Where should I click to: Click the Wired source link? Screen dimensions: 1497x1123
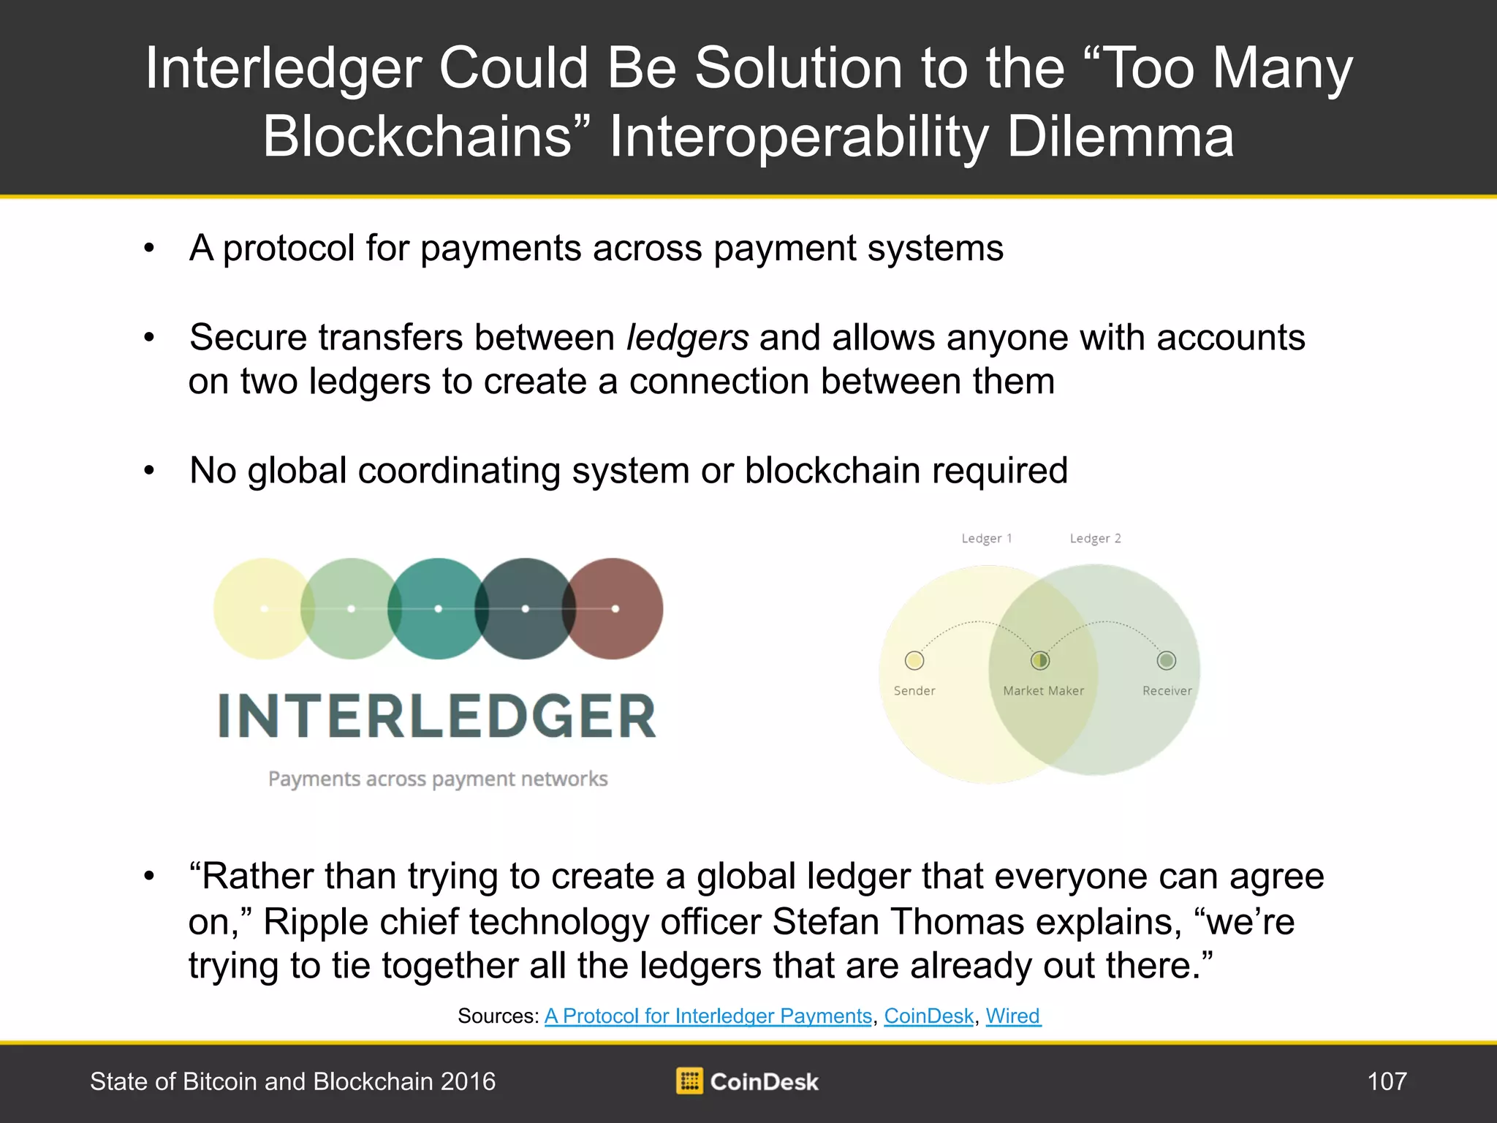1013,1016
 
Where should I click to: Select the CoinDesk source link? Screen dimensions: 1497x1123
929,1016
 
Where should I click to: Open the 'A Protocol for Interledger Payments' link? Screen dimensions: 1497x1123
708,1016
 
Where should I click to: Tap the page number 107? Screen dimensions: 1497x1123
1387,1081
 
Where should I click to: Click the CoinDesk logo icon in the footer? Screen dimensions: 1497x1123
689,1081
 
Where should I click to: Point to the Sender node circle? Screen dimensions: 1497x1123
914,661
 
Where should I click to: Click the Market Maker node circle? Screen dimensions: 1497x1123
1039,661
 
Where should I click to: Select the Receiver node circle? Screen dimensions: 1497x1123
1167,661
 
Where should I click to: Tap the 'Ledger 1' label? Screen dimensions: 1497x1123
987,539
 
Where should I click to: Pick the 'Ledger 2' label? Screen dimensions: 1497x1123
1095,539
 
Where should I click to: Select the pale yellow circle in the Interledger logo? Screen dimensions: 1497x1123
264,609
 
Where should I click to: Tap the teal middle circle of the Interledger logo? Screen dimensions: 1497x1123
438,609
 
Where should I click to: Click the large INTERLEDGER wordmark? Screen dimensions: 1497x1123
437,716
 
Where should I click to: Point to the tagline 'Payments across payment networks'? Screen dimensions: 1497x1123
438,779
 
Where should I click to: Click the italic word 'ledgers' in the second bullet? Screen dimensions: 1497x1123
688,339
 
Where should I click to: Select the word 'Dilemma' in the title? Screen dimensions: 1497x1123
1121,137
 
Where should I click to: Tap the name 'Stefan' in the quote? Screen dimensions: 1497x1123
825,921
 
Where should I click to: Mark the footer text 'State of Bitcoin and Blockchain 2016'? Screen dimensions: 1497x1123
292,1081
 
